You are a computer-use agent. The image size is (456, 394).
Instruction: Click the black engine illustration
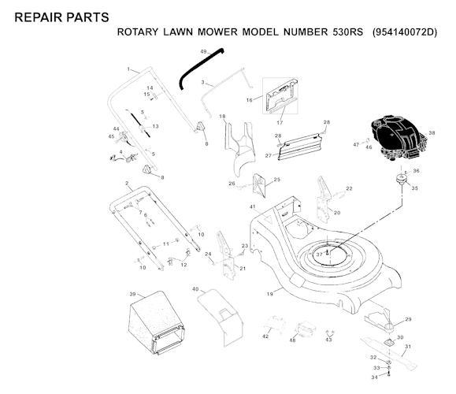399,139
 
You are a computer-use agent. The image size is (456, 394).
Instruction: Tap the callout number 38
432,133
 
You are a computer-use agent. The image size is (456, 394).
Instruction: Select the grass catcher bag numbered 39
157,322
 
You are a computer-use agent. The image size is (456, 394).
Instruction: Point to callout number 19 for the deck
270,294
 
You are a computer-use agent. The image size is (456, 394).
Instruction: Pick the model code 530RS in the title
348,32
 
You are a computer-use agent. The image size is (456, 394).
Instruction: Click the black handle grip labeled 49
201,68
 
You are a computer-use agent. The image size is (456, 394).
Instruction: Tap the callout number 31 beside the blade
408,347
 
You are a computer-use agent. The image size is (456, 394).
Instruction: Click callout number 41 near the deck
253,207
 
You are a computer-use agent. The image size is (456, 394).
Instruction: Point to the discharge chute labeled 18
240,149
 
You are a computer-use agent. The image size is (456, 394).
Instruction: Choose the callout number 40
195,289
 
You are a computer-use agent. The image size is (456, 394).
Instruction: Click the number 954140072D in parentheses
405,32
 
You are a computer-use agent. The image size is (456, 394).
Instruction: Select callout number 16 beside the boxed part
249,100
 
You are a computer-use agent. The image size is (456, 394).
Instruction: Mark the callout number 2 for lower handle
127,184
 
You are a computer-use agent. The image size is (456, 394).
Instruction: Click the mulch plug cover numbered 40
221,318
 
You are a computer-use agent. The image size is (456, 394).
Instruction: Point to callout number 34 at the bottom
375,377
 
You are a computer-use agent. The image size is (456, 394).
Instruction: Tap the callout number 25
277,180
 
